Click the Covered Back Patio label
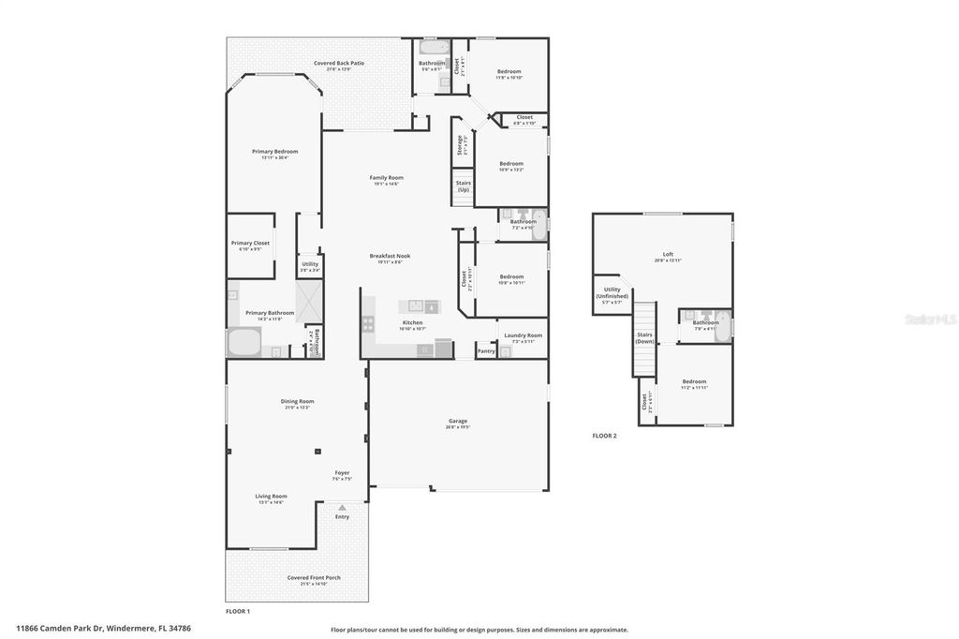tap(339, 63)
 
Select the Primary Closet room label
tap(250, 244)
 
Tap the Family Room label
tap(386, 177)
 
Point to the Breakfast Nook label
tap(390, 256)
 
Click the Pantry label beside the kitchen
tap(486, 351)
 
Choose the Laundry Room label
tap(523, 335)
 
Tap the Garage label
tap(458, 421)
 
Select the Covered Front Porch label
tap(314, 577)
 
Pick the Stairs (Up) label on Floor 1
tap(463, 186)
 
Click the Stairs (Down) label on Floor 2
tap(644, 337)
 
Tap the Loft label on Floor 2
tap(668, 254)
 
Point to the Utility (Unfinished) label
tap(612, 293)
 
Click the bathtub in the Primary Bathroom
tap(244, 342)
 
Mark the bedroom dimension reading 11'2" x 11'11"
tap(694, 387)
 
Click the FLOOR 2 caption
tap(604, 436)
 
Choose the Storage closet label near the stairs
tap(460, 145)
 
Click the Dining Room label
tap(297, 401)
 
